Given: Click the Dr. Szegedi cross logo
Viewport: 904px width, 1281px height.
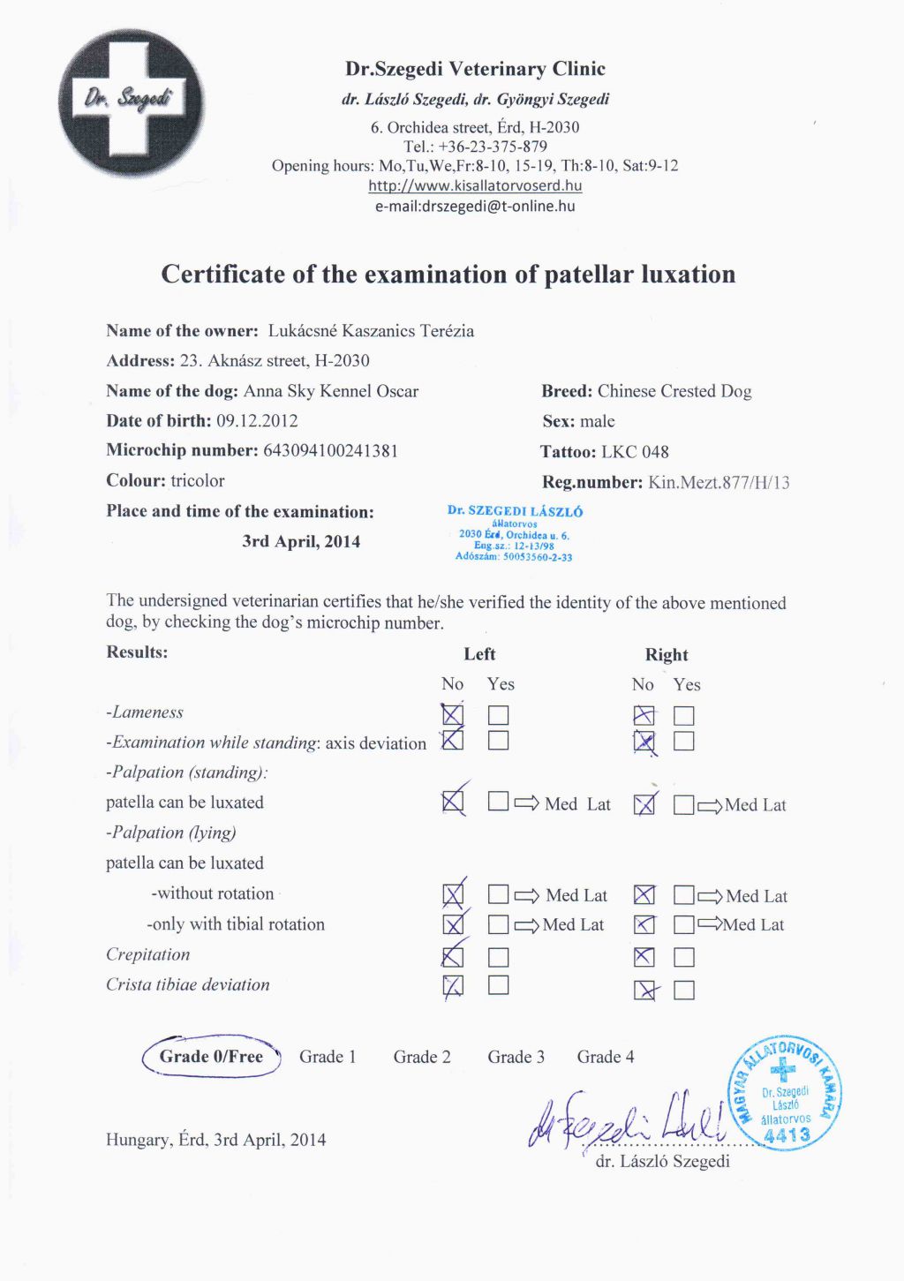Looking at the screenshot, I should (x=131, y=102).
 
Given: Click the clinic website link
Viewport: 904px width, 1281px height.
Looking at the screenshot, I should (x=475, y=185).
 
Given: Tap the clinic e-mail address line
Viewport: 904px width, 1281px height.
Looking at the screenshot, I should (x=475, y=206).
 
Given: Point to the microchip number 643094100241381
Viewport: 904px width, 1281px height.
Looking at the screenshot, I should (x=330, y=450).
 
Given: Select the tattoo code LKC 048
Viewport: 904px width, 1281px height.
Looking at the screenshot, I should (x=635, y=452).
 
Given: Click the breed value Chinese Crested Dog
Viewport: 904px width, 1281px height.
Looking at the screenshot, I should (x=674, y=391).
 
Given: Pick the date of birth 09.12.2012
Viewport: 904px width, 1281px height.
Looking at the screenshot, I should (x=257, y=421).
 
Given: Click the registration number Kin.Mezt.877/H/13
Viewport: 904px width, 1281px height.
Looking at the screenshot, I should (x=719, y=482).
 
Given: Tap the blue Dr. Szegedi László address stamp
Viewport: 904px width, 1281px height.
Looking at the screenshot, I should (x=515, y=533).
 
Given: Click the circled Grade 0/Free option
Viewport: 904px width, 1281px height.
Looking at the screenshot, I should (x=212, y=1057).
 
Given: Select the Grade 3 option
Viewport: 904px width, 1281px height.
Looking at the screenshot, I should (x=516, y=1057).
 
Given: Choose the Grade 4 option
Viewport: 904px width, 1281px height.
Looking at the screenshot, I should (x=606, y=1057).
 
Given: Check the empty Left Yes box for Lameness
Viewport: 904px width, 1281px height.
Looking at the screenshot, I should (x=499, y=715).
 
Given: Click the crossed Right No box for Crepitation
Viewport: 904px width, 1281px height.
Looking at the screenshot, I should (x=644, y=957).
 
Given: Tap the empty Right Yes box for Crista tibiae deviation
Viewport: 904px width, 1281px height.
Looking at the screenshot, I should (x=684, y=990).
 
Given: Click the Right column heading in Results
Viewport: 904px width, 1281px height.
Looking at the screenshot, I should (x=666, y=655).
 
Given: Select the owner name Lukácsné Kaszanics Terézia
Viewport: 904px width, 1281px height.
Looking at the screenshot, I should (x=371, y=331).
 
